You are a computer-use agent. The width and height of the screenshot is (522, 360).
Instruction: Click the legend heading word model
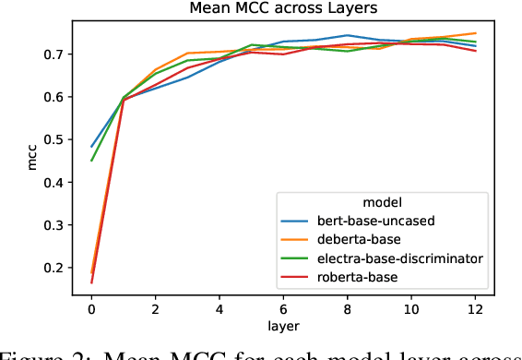pos(380,201)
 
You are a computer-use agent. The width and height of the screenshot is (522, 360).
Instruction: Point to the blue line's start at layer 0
pos(91,147)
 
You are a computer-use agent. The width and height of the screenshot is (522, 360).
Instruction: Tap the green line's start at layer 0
pos(91,161)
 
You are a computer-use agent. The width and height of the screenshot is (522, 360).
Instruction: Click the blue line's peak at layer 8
pos(346,35)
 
